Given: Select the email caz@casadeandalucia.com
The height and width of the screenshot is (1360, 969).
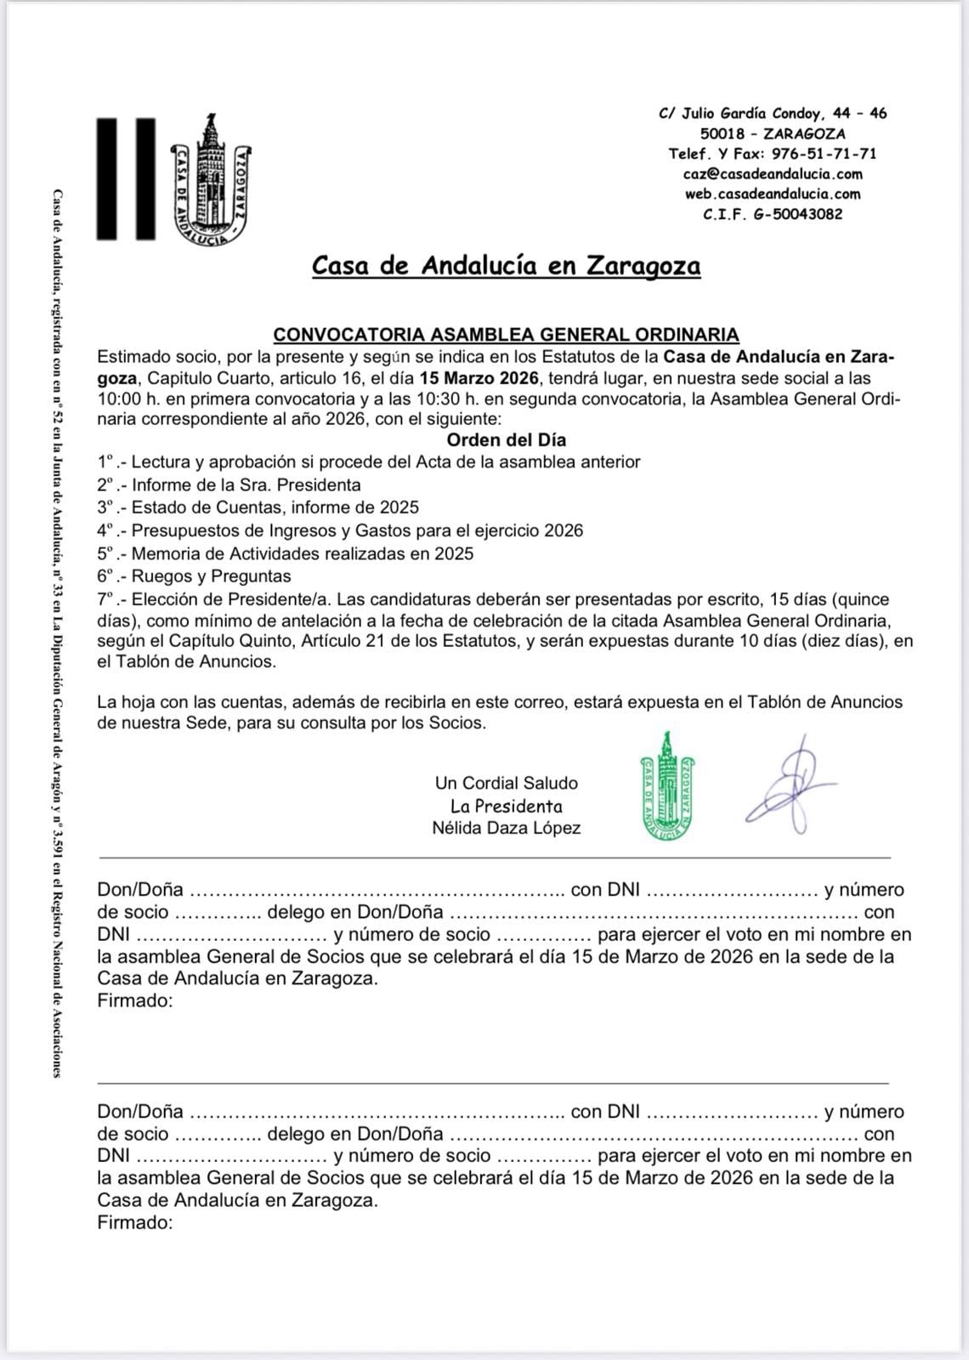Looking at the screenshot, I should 773,174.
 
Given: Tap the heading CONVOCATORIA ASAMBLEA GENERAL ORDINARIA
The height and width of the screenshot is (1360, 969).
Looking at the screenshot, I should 506,335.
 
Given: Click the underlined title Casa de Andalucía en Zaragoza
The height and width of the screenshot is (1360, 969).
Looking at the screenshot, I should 506,266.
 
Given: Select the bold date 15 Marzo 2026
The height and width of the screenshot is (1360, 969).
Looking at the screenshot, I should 480,377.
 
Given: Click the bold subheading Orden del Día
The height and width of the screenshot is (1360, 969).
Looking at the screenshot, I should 506,440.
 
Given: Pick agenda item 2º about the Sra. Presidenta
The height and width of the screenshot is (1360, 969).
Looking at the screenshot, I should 229,485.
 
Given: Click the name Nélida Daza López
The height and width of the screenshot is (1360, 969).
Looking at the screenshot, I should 506,828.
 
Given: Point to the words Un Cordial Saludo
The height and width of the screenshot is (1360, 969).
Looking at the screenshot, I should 506,783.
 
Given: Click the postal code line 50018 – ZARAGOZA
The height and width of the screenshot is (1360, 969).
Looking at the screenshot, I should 773,133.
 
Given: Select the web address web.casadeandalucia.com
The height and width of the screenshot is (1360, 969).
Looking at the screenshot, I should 773,194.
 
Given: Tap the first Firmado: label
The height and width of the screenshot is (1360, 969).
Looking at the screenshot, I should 135,1000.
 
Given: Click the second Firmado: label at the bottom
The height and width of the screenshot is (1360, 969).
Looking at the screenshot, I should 135,1223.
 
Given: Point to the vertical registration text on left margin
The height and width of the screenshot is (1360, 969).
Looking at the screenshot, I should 56,633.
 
